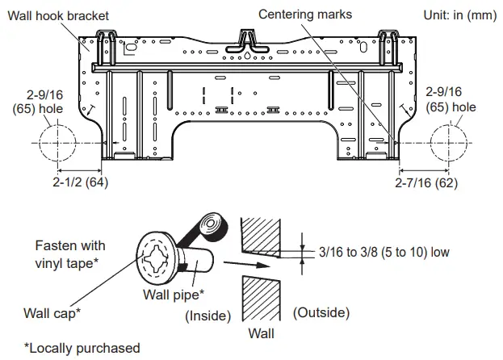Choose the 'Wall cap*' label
click(x=50, y=313)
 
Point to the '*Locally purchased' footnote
click(x=82, y=348)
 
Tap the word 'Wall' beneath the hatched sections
click(x=261, y=333)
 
